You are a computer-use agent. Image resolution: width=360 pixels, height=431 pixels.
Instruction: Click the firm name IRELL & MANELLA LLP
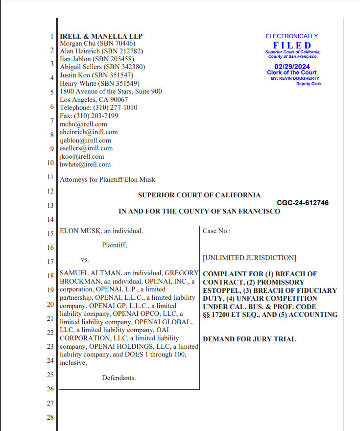[x=101, y=36]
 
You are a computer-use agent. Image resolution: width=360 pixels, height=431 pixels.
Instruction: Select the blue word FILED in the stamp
[x=292, y=46]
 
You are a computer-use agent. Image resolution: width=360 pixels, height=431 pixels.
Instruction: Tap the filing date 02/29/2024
[x=292, y=66]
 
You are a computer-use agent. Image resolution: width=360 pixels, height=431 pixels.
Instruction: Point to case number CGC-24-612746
[x=303, y=203]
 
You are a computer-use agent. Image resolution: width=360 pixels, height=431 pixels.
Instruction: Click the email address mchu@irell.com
[x=83, y=124]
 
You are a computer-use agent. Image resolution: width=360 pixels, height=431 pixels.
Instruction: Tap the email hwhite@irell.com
[x=85, y=165]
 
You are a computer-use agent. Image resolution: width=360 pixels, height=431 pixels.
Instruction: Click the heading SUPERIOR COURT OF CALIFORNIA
[x=199, y=195]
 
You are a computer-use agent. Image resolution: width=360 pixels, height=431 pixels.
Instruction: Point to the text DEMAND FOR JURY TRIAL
[x=249, y=339]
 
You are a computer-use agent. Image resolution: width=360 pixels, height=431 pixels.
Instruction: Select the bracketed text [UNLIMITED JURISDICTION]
[x=249, y=258]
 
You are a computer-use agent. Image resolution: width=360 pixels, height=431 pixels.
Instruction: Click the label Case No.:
[x=216, y=231]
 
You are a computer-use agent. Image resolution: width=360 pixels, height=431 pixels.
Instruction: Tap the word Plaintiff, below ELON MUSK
[x=115, y=245]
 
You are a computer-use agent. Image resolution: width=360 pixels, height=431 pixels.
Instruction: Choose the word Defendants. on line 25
[x=119, y=378]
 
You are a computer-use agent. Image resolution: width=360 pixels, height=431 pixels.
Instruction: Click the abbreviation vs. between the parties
[x=85, y=259]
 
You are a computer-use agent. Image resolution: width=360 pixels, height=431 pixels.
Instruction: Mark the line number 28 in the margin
[x=50, y=418]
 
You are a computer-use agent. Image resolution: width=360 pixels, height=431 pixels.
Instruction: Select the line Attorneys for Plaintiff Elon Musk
[x=107, y=180]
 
